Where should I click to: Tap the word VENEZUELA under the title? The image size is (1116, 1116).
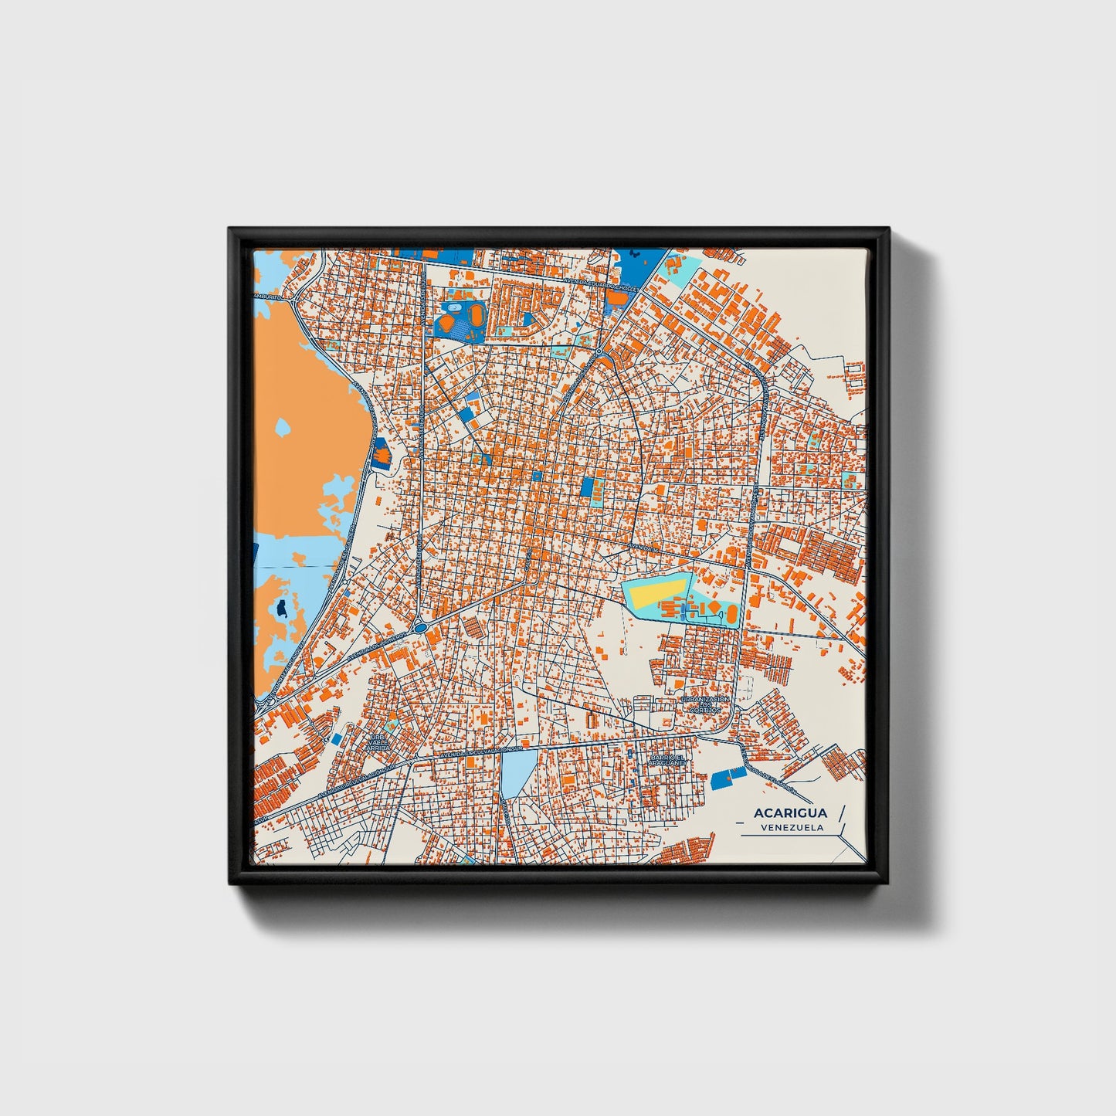(791, 827)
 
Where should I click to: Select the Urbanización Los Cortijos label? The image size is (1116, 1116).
(704, 704)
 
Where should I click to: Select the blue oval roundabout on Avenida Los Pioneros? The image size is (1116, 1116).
(420, 628)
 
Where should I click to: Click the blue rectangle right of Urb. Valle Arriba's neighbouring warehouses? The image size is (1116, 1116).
(337, 738)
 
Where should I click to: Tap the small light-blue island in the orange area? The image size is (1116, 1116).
(283, 426)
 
